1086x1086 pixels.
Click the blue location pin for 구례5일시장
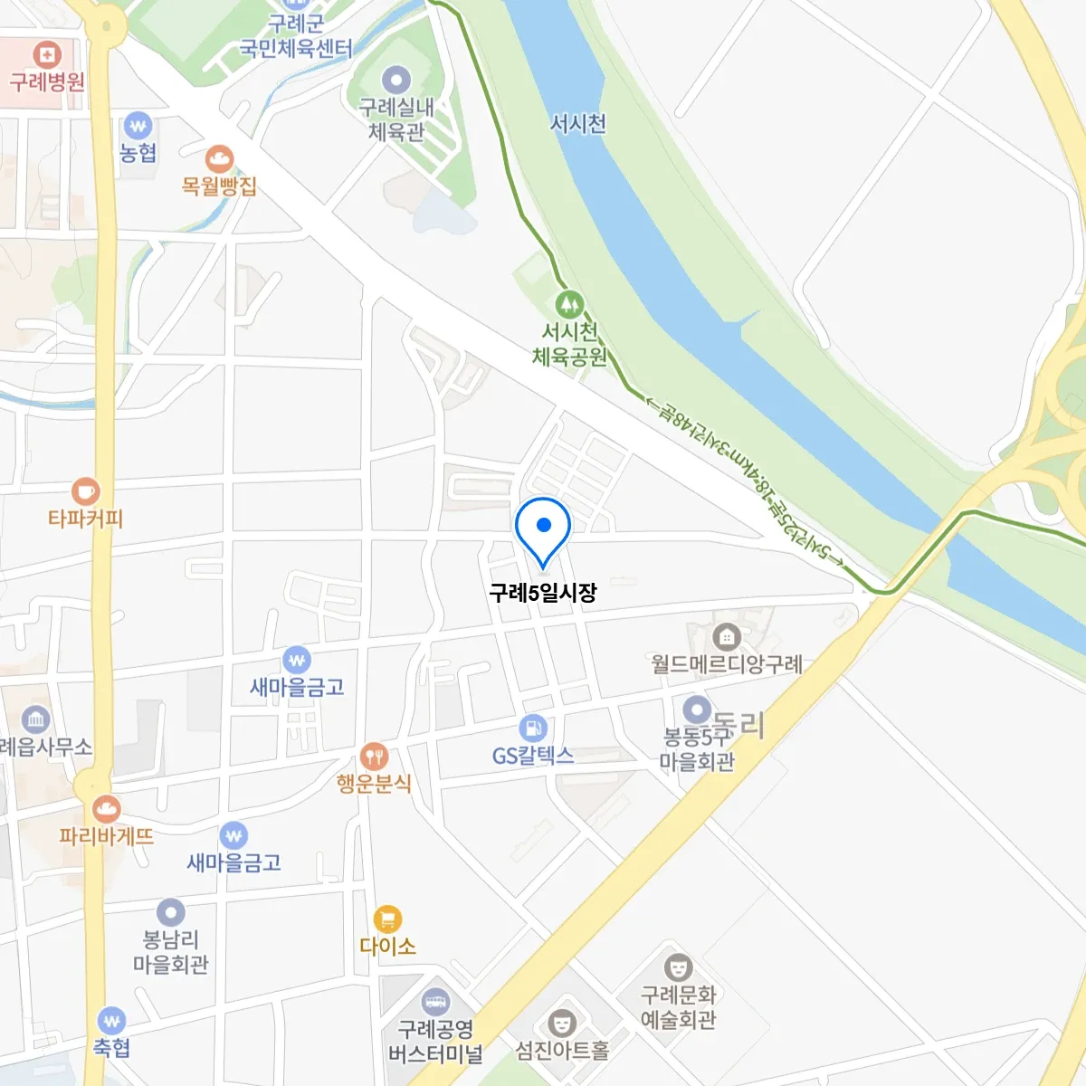pyautogui.click(x=543, y=527)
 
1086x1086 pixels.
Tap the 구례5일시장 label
pyautogui.click(x=543, y=593)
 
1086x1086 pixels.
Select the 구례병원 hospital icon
pyautogui.click(x=46, y=53)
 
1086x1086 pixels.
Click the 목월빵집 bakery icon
pyautogui.click(x=219, y=159)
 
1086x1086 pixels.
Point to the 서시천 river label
pyautogui.click(x=578, y=123)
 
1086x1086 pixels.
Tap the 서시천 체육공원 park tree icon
pyautogui.click(x=568, y=304)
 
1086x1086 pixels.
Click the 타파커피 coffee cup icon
pyautogui.click(x=86, y=491)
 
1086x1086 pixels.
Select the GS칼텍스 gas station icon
pyautogui.click(x=533, y=728)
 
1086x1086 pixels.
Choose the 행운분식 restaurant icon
pyautogui.click(x=374, y=756)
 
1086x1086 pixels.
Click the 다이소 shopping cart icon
pyautogui.click(x=387, y=919)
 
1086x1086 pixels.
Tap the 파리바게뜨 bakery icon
pyautogui.click(x=107, y=808)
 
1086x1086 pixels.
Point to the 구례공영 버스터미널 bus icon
pyautogui.click(x=435, y=1002)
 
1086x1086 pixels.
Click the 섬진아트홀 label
pyautogui.click(x=562, y=1050)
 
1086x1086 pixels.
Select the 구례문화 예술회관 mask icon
pyautogui.click(x=678, y=967)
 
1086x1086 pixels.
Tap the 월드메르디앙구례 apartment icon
pyautogui.click(x=726, y=637)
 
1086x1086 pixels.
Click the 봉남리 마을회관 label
pyautogui.click(x=171, y=952)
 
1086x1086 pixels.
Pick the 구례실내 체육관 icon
pyautogui.click(x=396, y=80)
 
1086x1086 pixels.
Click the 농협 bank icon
pyautogui.click(x=138, y=126)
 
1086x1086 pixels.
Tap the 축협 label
pyautogui.click(x=112, y=1048)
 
